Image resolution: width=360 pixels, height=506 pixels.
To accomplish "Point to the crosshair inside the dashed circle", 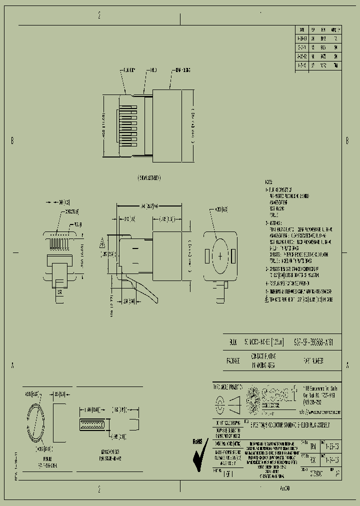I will click(220, 256).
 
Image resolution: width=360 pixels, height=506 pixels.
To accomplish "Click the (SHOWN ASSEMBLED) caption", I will click(149, 178).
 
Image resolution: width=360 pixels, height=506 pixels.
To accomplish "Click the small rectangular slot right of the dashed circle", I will click(233, 256).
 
